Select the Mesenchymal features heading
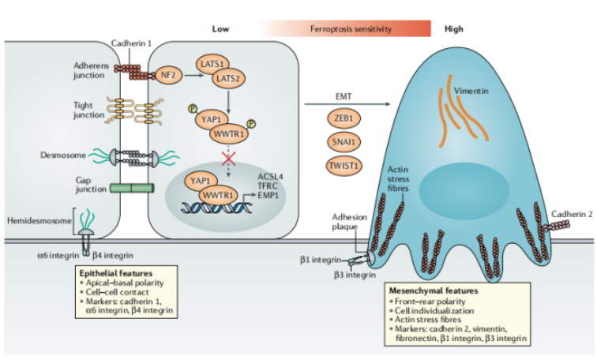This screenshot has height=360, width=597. point(432,291)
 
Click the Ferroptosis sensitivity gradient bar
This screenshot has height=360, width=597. point(347,29)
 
